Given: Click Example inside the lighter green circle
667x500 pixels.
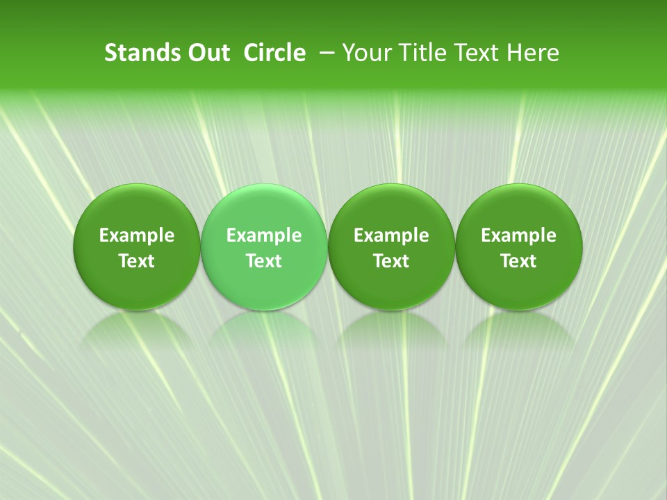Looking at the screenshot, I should pos(264,235).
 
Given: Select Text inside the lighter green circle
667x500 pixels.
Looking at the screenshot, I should pos(264,261).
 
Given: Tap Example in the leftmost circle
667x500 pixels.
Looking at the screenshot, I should pos(137,235).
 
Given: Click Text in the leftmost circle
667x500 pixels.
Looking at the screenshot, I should pos(137,261).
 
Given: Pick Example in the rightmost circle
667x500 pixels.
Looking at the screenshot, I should pos(519,235).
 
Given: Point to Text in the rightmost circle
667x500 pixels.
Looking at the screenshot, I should pos(519,261).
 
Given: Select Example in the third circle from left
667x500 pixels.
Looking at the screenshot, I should pos(392,235).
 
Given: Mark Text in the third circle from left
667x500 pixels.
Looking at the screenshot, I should pos(392,261).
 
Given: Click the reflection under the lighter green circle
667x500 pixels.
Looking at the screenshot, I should pos(264,330).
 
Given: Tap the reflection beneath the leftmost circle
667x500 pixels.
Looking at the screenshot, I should pos(137,330).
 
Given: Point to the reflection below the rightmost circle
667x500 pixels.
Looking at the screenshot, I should pos(519,330).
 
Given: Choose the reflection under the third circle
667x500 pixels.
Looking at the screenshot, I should pos(392,330).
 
